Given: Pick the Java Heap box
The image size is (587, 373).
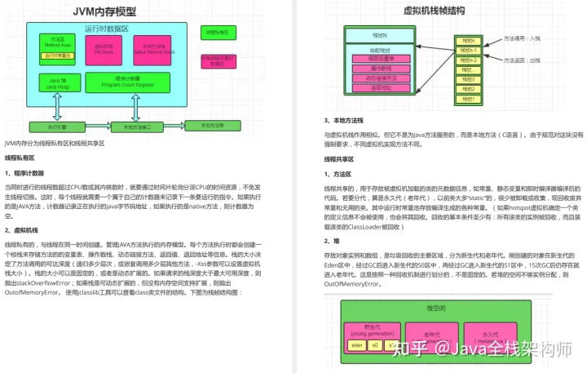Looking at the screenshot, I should (57, 82).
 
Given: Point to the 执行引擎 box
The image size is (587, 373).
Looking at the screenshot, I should (57, 127).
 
